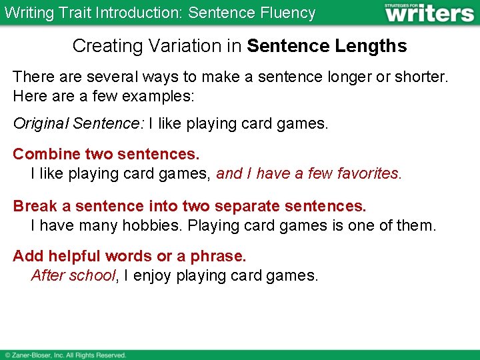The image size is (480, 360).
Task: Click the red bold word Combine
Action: (x=47, y=154)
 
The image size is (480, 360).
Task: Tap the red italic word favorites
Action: (x=369, y=174)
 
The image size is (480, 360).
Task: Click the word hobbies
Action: (x=151, y=225)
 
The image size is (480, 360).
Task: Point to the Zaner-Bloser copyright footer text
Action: (x=65, y=355)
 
